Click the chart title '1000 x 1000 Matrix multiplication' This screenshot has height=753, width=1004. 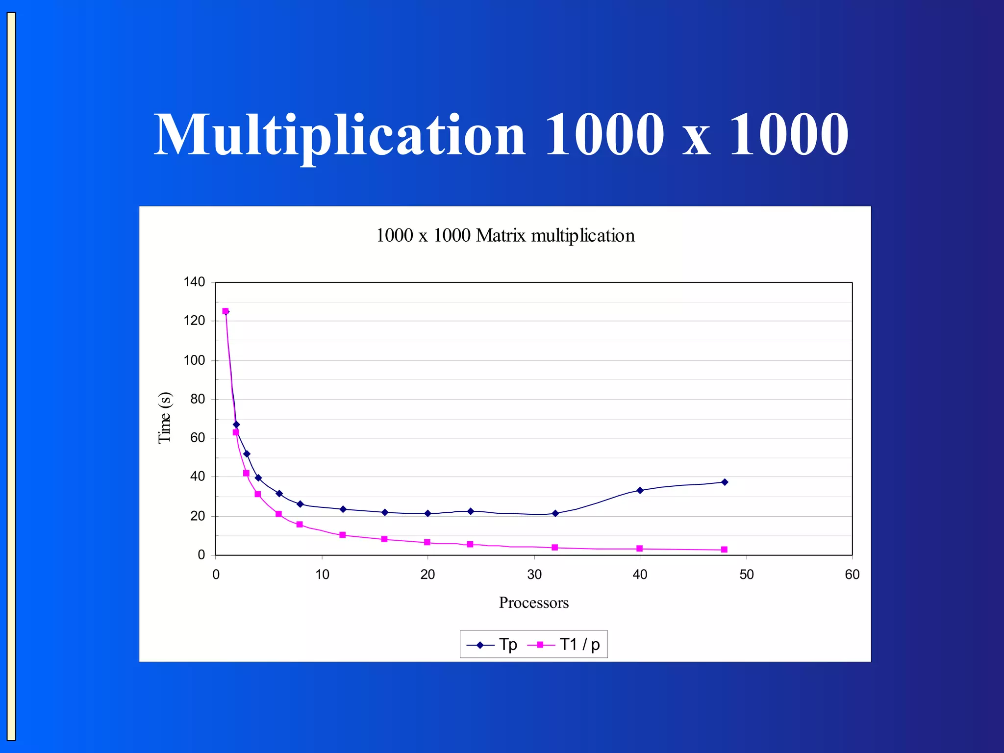505,236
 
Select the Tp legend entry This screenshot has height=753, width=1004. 492,644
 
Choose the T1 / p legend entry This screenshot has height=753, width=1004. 564,644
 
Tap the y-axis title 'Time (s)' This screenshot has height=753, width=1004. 165,418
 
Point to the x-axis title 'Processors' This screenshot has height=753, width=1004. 533,602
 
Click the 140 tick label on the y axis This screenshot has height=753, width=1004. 194,282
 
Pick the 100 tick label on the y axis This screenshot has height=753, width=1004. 194,360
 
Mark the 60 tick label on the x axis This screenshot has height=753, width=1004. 852,575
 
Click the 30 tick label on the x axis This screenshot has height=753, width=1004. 534,575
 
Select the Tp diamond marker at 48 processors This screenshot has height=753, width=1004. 725,482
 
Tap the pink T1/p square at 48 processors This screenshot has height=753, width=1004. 724,550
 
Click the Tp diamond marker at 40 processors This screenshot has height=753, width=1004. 640,490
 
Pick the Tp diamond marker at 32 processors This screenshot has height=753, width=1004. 555,513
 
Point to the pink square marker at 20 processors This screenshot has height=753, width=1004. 427,542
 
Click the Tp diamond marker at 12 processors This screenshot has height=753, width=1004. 343,509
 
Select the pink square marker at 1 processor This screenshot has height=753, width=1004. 226,311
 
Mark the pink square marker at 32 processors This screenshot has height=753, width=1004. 554,548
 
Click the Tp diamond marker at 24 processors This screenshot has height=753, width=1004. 470,511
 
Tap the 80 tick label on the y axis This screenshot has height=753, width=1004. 198,399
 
